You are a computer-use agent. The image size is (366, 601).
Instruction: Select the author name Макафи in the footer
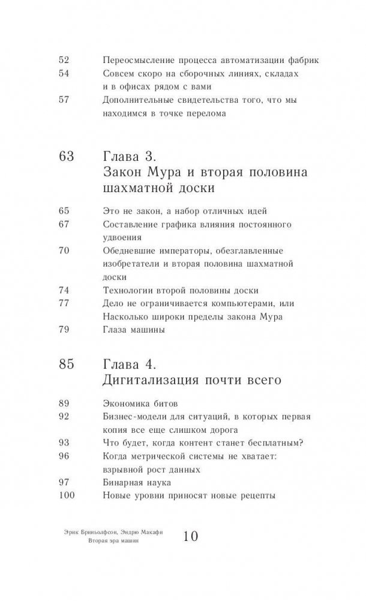(x=149, y=532)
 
